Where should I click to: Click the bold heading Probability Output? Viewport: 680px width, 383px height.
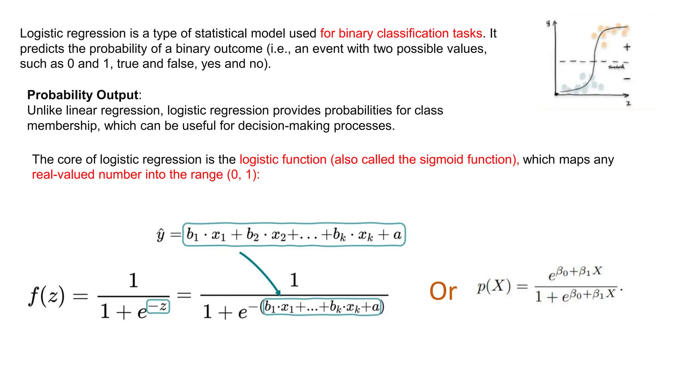pyautogui.click(x=82, y=95)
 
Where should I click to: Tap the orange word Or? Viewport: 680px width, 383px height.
pyautogui.click(x=443, y=292)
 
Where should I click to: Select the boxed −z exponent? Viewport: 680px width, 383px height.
pyautogui.click(x=158, y=307)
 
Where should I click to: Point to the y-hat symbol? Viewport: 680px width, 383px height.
pyautogui.click(x=160, y=235)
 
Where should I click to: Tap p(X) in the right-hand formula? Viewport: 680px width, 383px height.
pyautogui.click(x=494, y=287)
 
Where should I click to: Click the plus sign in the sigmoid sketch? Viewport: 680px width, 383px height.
pyautogui.click(x=627, y=47)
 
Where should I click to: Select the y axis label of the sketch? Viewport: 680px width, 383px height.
pyautogui.click(x=548, y=23)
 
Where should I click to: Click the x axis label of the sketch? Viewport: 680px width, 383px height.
pyautogui.click(x=628, y=104)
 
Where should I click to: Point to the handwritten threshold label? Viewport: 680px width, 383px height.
pyautogui.click(x=616, y=67)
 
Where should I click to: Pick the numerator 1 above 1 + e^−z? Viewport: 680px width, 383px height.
pyautogui.click(x=133, y=280)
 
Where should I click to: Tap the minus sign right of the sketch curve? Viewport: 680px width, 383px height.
pyautogui.click(x=627, y=79)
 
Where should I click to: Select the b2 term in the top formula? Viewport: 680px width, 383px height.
pyautogui.click(x=252, y=235)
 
